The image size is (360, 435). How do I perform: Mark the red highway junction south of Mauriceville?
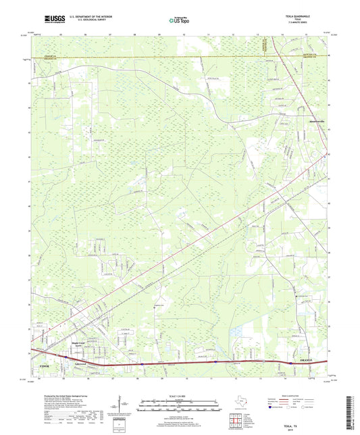pyautogui.click(x=312, y=157)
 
